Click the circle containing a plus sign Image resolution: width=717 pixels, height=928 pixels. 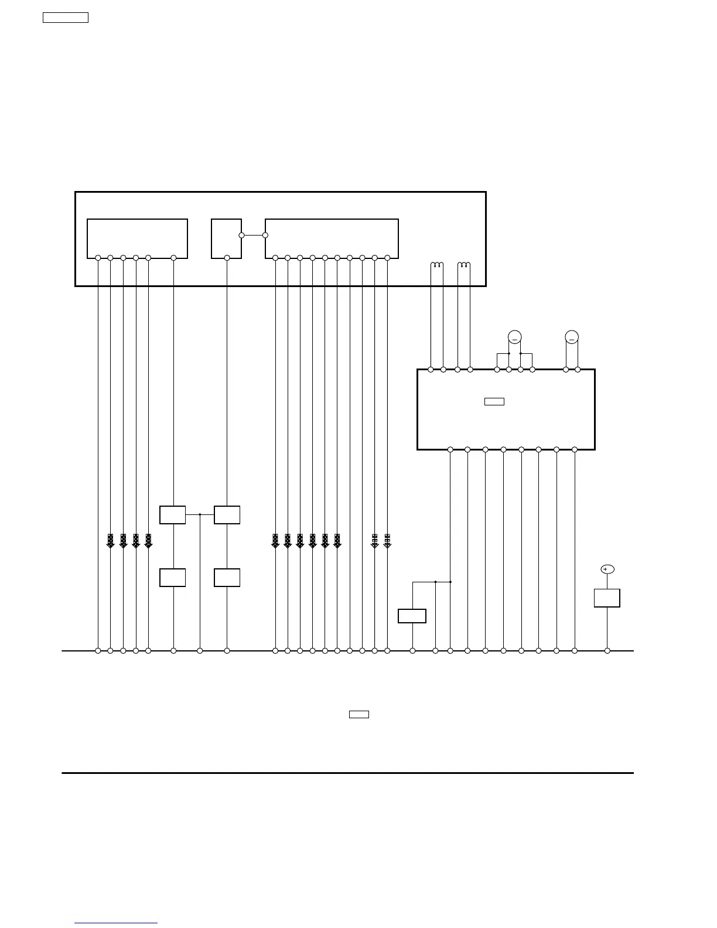tap(607, 569)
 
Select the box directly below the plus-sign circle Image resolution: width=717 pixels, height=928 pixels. tap(607, 598)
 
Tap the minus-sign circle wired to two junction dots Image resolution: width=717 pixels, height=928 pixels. tap(514, 337)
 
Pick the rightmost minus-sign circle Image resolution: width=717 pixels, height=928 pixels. tap(572, 337)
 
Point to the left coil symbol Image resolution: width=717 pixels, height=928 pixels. tap(437, 265)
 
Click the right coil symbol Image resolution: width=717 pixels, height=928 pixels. tap(464, 265)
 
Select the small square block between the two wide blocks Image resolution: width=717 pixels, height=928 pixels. tap(226, 238)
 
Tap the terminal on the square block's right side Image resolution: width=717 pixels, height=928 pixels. tap(241, 235)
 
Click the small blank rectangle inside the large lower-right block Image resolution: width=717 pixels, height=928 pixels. tap(494, 401)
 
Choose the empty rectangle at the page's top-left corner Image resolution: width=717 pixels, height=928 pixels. tap(66, 18)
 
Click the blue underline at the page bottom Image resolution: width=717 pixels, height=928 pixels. tap(116, 923)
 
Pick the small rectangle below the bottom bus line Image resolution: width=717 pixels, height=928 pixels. tap(359, 714)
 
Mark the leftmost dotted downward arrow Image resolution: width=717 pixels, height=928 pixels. tap(110, 541)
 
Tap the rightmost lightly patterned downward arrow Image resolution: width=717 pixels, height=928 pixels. tap(387, 541)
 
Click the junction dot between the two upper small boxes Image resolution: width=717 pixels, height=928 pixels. tap(200, 514)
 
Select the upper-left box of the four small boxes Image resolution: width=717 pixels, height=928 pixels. tap(173, 515)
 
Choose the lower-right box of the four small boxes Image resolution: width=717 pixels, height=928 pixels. tap(227, 578)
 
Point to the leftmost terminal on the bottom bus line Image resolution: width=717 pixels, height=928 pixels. tap(98, 651)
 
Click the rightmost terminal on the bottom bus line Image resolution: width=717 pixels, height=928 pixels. tap(607, 651)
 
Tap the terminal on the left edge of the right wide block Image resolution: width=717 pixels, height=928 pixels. tap(265, 235)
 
